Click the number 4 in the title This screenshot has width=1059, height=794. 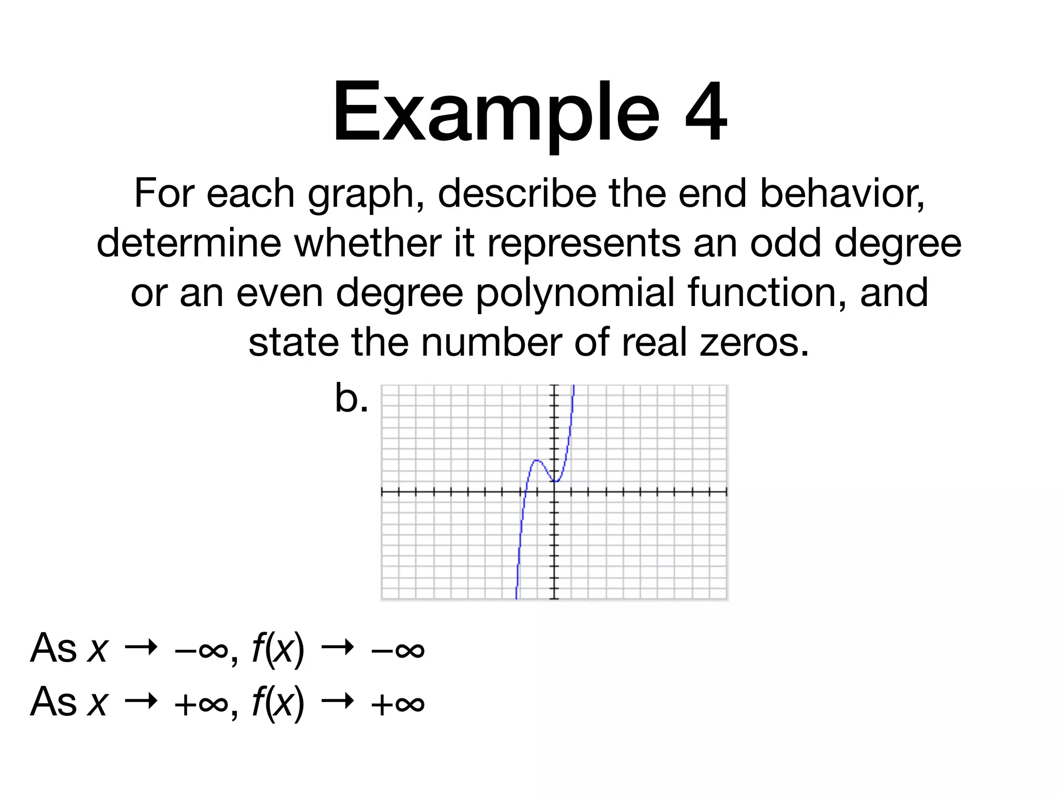706,111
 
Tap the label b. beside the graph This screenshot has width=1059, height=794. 351,399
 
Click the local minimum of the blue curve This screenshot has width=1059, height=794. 554,481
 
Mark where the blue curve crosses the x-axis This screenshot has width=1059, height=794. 524,492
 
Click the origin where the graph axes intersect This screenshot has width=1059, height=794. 554,492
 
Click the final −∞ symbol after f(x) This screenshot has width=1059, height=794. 398,649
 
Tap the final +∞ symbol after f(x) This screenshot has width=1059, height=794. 398,703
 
